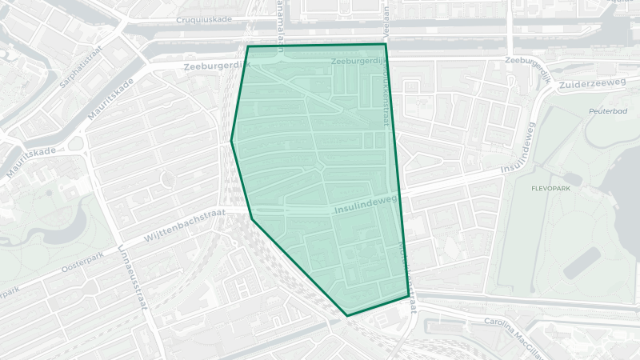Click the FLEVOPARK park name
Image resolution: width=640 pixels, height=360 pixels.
point(549,190)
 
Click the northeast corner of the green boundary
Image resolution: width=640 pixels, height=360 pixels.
point(386,45)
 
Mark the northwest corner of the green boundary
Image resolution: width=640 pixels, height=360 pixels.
point(248,46)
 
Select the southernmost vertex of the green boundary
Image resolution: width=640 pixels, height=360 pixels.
point(347,315)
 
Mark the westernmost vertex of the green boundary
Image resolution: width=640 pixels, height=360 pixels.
point(232,141)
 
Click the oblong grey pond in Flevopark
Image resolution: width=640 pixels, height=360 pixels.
point(582,263)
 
